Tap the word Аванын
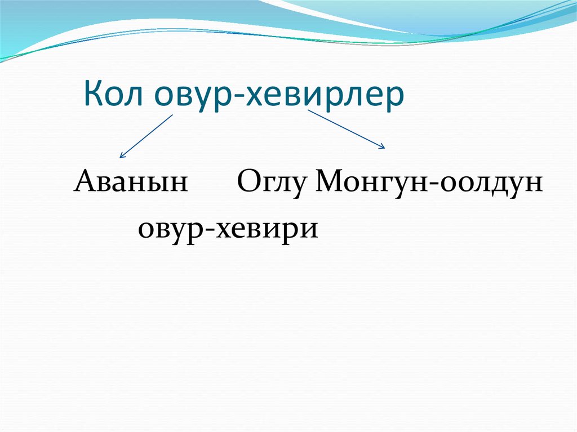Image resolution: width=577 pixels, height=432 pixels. coord(130,183)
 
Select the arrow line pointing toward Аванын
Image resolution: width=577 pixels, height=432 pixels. coord(147,136)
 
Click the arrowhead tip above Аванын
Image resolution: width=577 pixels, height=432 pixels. coord(121,157)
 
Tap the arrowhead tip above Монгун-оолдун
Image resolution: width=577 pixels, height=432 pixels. coord(384,148)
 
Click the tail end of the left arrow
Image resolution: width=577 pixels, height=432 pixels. coord(172,115)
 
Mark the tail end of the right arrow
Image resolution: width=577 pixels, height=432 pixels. coord(308,110)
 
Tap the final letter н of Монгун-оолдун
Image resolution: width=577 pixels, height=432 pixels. coord(533,185)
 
